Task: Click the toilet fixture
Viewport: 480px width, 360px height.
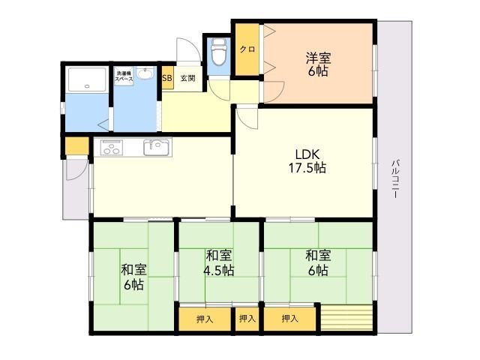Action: (x=218, y=52)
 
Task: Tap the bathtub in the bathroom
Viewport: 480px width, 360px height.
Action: (x=87, y=79)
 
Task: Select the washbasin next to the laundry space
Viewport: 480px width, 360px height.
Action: (x=145, y=73)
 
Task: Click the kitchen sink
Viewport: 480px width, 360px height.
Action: (x=156, y=147)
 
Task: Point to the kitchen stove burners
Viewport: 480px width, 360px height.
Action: (x=112, y=147)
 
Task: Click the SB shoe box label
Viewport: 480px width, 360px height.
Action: (x=166, y=78)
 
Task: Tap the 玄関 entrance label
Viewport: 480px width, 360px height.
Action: (x=187, y=78)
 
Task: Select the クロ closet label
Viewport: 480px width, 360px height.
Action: (x=247, y=49)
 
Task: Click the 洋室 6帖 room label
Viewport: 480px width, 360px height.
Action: (x=318, y=64)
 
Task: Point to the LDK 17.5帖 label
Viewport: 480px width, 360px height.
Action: (x=307, y=161)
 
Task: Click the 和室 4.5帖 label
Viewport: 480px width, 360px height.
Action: (x=219, y=262)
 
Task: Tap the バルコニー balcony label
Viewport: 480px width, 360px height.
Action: (x=395, y=179)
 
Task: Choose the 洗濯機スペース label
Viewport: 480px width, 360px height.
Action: (x=124, y=76)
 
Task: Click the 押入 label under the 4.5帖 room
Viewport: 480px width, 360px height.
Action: (x=205, y=319)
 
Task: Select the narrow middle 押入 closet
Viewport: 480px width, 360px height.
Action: (x=247, y=319)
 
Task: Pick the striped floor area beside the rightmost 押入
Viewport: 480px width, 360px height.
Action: (x=346, y=317)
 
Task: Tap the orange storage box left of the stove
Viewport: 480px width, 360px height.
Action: (x=77, y=146)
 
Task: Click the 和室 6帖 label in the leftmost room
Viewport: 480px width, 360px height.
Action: (x=133, y=277)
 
